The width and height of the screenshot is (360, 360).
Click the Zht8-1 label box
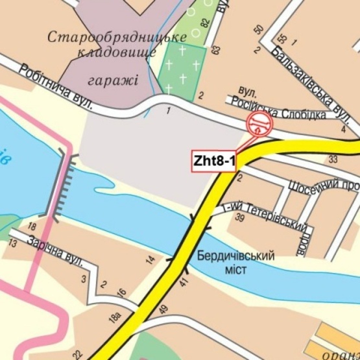(x=213, y=160)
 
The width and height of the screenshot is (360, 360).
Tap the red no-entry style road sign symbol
(x=259, y=123)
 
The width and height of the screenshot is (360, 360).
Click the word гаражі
(x=118, y=80)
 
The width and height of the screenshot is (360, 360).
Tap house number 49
(x=163, y=309)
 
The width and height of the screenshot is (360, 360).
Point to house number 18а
(x=115, y=318)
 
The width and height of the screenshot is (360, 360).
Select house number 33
(x=333, y=159)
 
